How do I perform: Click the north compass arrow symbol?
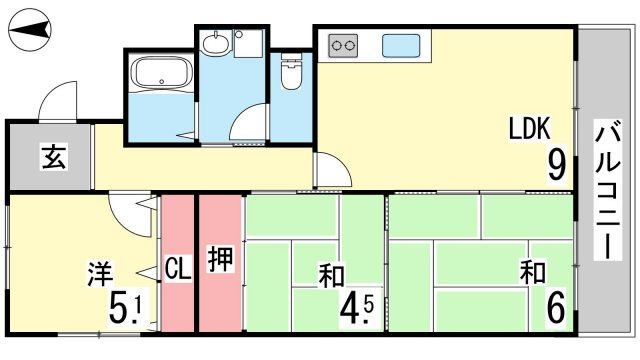click(29, 29)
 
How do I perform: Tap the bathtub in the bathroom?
click(163, 73)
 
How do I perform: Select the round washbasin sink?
click(215, 43)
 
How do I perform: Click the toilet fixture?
click(291, 71)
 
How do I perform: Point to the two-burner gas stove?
click(343, 45)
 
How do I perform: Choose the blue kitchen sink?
click(401, 45)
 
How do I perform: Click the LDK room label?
click(529, 128)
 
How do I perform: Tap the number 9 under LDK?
click(557, 164)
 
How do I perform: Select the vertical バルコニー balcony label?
click(608, 190)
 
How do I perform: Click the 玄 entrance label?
click(53, 157)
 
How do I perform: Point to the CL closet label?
click(178, 268)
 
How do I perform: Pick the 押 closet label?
click(220, 259)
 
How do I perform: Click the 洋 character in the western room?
click(100, 274)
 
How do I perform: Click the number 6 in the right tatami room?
click(556, 308)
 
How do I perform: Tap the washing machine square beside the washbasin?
click(248, 44)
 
